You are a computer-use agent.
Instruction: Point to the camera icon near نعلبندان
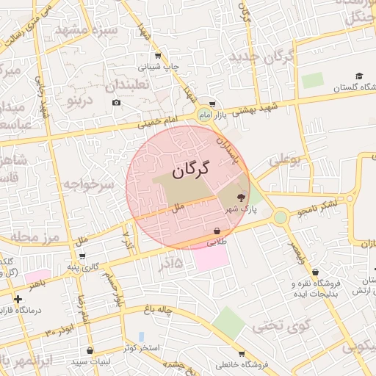click(116, 102)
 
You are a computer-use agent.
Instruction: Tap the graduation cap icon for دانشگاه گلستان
click(359, 76)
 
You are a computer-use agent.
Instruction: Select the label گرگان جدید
click(262, 56)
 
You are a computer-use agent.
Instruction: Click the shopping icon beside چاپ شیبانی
click(158, 56)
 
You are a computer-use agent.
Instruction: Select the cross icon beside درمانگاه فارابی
click(18, 299)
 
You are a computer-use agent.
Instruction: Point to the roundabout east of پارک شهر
click(280, 217)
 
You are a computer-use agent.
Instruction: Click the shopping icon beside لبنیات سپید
click(90, 351)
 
